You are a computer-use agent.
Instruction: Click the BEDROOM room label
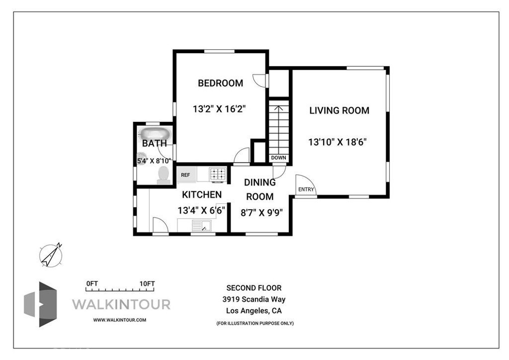tap(220, 83)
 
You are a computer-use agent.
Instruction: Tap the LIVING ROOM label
tap(339, 111)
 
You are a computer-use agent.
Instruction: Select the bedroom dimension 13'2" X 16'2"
tap(219, 109)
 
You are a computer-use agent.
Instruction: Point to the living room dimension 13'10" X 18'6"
tap(338, 142)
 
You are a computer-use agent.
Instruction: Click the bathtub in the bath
tap(155, 133)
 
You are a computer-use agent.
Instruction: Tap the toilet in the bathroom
tap(164, 176)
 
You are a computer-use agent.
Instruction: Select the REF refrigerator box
tap(186, 175)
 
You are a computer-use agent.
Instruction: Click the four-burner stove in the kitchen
tap(218, 175)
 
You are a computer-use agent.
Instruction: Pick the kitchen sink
tap(202, 225)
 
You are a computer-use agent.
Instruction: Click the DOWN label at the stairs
tap(278, 158)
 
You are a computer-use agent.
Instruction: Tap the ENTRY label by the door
tap(306, 189)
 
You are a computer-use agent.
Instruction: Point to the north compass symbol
tap(51, 256)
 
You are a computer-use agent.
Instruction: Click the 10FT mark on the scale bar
tap(147, 283)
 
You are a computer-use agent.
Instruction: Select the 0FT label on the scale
tap(92, 283)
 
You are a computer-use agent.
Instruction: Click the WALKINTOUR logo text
tap(121, 304)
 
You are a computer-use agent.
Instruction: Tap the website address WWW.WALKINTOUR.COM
tap(119, 320)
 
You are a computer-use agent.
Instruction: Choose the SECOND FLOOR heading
tap(254, 288)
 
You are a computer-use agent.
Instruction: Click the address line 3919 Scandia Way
tap(254, 299)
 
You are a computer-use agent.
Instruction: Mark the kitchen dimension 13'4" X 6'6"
tap(201, 211)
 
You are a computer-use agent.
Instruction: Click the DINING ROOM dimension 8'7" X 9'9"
tap(261, 213)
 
